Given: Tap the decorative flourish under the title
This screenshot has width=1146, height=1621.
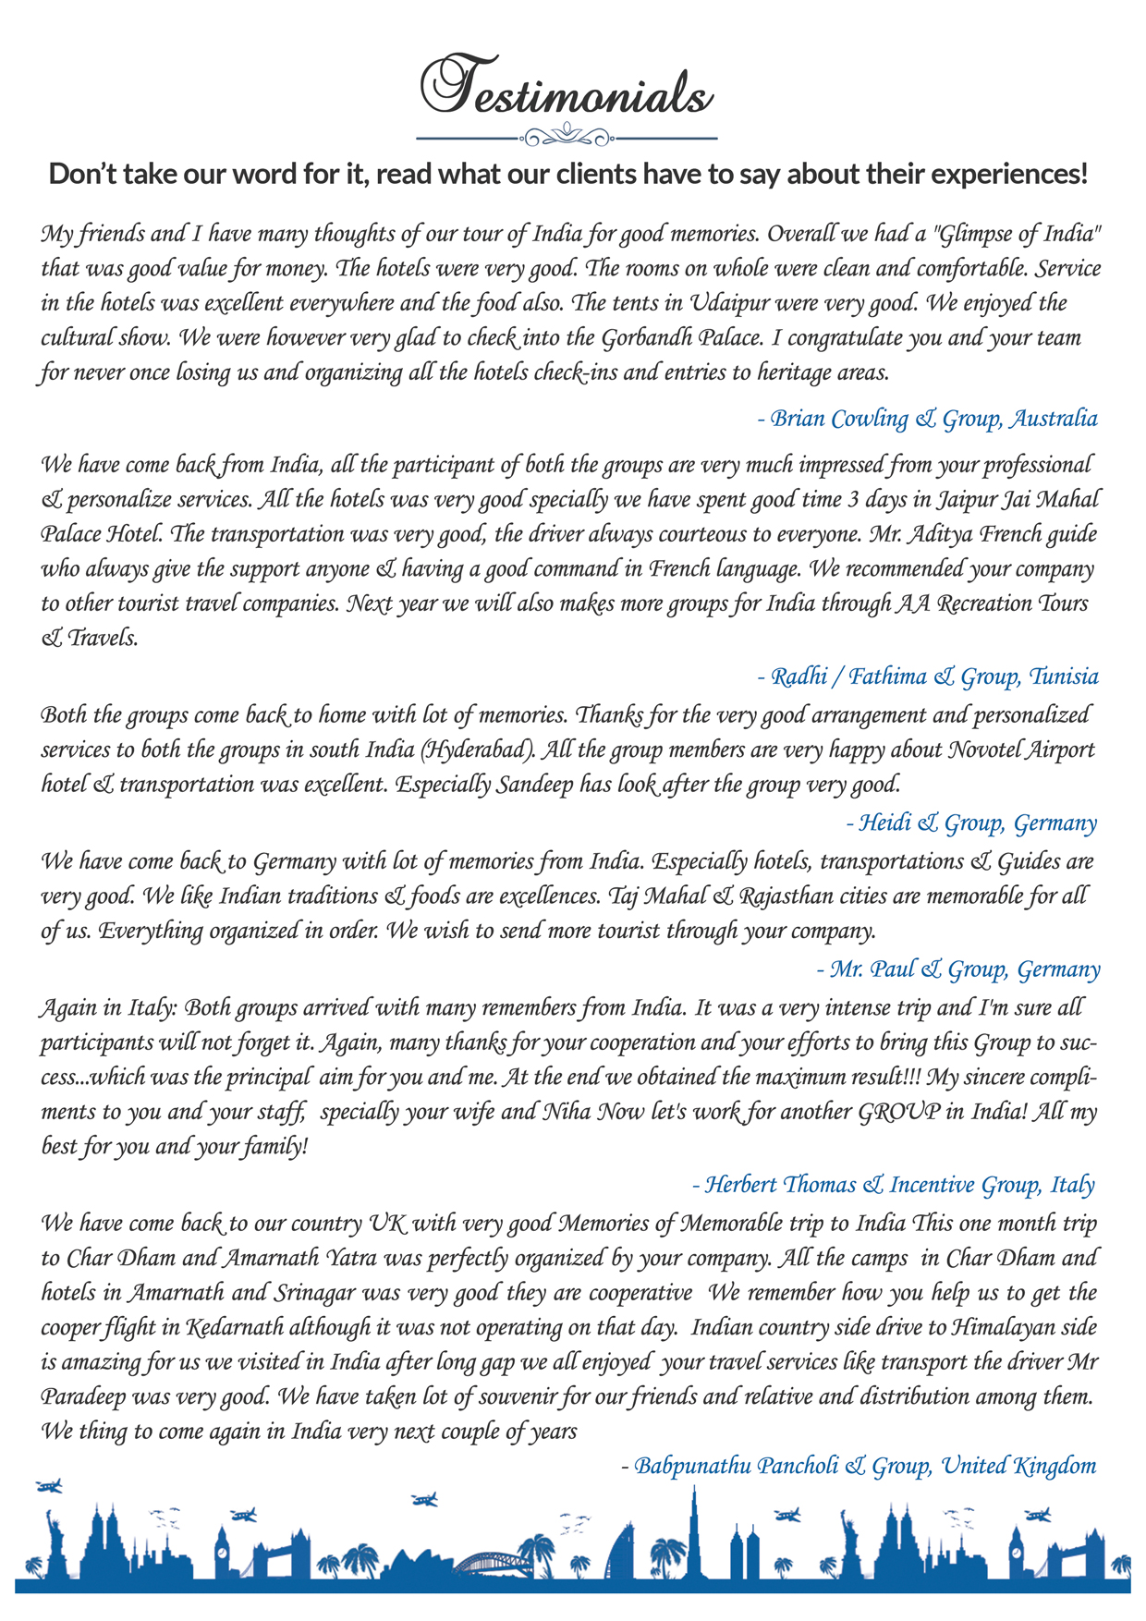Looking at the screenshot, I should (x=567, y=139).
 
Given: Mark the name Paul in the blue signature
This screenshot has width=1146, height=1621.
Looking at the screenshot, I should (x=894, y=969).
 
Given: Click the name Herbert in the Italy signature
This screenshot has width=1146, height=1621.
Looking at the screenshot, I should (x=741, y=1185).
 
